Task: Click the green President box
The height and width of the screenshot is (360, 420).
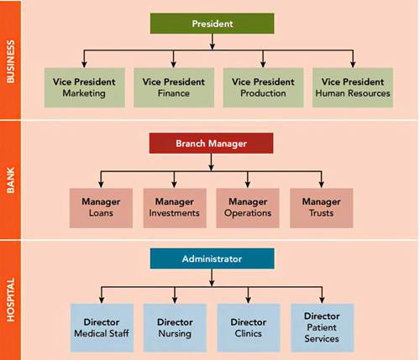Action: coord(212,23)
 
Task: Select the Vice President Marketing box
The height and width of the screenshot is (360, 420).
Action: coord(84,87)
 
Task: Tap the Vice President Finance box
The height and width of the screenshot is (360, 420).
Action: coord(174,87)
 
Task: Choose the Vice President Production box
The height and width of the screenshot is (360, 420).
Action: coord(263,87)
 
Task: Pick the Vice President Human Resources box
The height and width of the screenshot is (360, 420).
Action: coord(353,87)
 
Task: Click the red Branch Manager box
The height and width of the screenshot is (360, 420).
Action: coord(211,143)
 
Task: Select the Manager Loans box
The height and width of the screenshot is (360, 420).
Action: coord(101,208)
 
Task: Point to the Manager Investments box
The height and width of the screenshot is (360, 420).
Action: coord(175,208)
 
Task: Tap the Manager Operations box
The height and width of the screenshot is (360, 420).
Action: coord(248,208)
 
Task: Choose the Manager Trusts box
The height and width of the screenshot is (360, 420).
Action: coord(321,208)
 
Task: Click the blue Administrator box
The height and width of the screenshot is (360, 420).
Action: coord(212,258)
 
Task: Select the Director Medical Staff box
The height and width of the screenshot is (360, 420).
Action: coord(102,327)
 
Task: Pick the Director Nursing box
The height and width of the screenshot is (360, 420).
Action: coord(175,327)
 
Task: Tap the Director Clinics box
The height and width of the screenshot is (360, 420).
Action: coord(249,327)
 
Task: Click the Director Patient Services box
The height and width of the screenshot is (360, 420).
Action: coord(323,327)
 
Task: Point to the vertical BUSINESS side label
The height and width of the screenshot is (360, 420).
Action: coord(10,61)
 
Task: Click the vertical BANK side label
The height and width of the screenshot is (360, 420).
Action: coord(10,180)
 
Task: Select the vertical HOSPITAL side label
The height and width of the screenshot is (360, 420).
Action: coord(10,300)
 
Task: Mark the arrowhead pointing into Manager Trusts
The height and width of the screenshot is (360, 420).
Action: coord(321,185)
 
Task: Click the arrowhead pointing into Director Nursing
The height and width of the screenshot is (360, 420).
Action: coord(175,300)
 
